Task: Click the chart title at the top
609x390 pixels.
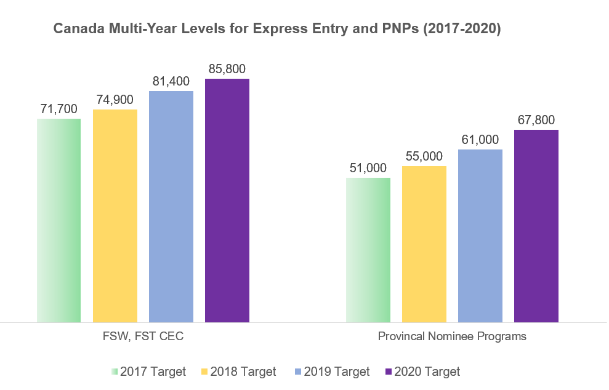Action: pos(277,29)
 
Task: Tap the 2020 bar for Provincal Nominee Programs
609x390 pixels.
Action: pos(536,226)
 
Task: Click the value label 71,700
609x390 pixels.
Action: pos(59,109)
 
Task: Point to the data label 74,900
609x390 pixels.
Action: pos(115,100)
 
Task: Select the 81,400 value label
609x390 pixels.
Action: pos(171,81)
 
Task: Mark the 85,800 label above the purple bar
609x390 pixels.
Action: pos(227,69)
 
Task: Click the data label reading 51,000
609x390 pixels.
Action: pos(368,168)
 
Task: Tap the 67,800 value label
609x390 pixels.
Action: pos(536,120)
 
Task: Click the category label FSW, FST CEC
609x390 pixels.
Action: pos(143,336)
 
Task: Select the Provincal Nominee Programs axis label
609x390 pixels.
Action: pos(452,336)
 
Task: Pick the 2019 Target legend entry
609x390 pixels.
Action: pos(332,372)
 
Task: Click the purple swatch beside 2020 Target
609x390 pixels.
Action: pos(388,372)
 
